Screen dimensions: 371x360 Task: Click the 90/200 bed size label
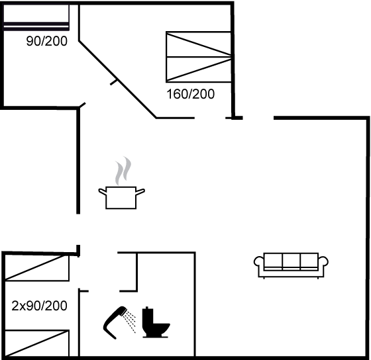[x=47, y=41]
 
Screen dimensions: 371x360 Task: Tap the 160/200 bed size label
[x=191, y=94]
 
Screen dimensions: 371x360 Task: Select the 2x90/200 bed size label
[x=39, y=306]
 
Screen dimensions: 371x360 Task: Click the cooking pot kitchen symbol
[x=121, y=198]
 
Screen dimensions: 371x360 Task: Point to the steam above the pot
[x=123, y=171]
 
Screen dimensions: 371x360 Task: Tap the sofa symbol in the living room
[x=291, y=265]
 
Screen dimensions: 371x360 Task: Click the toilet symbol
[x=156, y=322]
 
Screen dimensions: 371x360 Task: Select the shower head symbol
[x=115, y=322]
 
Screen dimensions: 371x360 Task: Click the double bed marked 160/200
[x=199, y=57]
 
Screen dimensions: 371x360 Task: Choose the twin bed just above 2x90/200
[x=37, y=268]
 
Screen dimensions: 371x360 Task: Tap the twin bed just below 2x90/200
[x=37, y=343]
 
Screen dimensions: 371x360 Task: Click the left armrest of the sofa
[x=259, y=263]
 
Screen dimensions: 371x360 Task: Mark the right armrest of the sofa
[x=323, y=262]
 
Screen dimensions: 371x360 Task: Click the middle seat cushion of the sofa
[x=291, y=261]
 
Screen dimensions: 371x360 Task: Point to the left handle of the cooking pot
[x=102, y=191]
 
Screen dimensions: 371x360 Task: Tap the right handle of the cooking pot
[x=140, y=192]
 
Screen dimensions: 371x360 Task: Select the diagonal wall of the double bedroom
[x=117, y=79]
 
